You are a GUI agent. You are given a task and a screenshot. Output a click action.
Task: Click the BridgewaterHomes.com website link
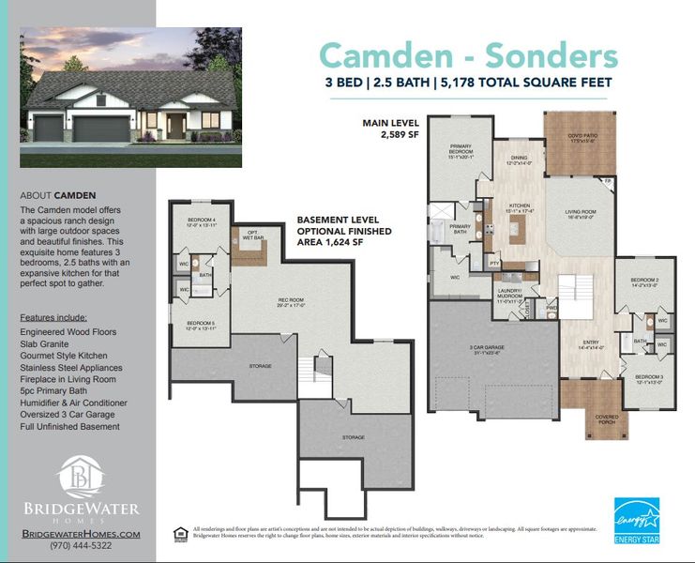click(x=81, y=533)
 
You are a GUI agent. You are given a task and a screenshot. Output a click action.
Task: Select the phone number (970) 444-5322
click(x=81, y=545)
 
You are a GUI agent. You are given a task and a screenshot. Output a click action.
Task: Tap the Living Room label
click(x=581, y=214)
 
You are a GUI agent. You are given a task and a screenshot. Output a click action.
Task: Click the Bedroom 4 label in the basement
click(x=201, y=221)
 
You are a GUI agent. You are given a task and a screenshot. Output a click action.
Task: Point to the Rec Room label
click(x=290, y=302)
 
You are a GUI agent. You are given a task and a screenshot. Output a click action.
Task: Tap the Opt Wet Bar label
click(x=252, y=236)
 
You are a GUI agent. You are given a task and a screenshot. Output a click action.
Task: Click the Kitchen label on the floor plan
click(x=520, y=206)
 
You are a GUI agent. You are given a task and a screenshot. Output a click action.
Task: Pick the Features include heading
click(x=53, y=317)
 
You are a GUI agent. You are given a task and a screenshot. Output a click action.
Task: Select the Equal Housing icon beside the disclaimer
click(x=179, y=533)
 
